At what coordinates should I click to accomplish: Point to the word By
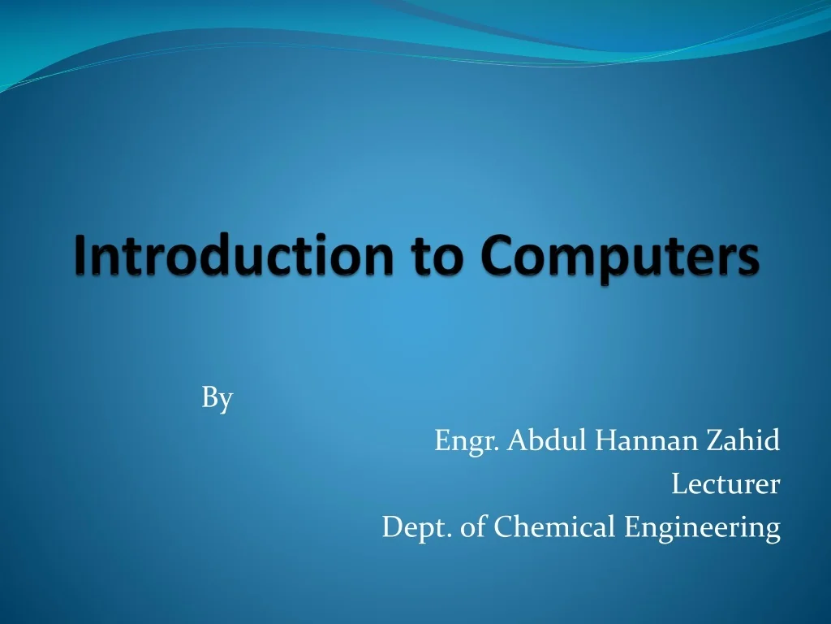click(217, 398)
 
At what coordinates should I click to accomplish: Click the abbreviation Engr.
click(467, 442)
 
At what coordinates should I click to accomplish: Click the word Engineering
click(702, 529)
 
